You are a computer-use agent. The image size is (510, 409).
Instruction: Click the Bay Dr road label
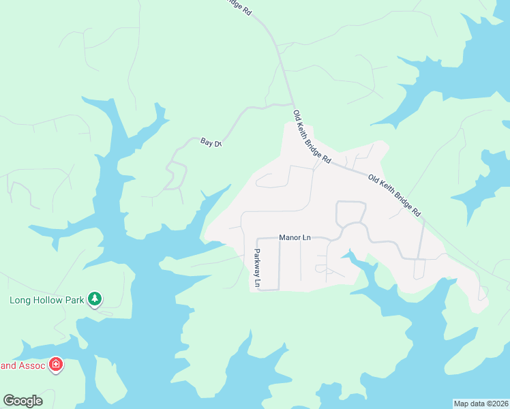tap(211, 142)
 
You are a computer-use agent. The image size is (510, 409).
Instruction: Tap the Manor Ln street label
tap(295, 238)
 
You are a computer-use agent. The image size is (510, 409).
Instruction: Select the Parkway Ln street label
tap(258, 268)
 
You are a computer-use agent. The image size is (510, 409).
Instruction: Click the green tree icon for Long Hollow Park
tap(95, 299)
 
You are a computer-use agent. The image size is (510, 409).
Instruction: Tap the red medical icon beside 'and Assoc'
tap(56, 365)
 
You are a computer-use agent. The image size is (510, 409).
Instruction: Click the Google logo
tap(22, 401)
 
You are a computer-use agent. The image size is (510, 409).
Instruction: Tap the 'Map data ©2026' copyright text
tap(481, 403)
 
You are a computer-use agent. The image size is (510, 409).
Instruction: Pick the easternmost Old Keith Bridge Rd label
tap(394, 195)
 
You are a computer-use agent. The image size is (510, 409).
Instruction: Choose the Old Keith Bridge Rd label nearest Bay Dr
tap(312, 136)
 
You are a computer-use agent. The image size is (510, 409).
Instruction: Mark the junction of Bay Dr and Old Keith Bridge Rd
tap(291, 104)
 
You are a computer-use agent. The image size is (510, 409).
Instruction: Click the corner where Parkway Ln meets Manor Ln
tap(257, 239)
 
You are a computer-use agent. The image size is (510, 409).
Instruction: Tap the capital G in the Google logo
tap(9, 401)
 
